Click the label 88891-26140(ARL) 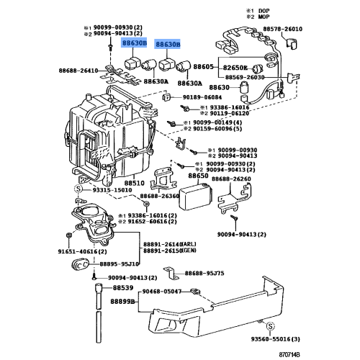pos(163,243)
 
